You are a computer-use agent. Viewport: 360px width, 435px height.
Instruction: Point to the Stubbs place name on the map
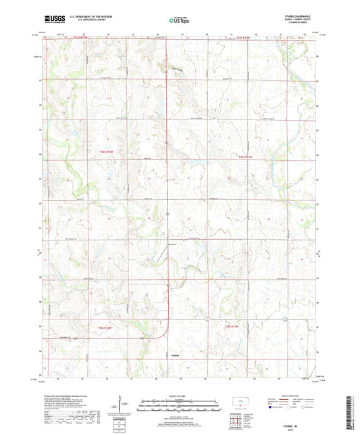coord(167,353)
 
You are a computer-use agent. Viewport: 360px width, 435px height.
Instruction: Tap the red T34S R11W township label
coord(245,157)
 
